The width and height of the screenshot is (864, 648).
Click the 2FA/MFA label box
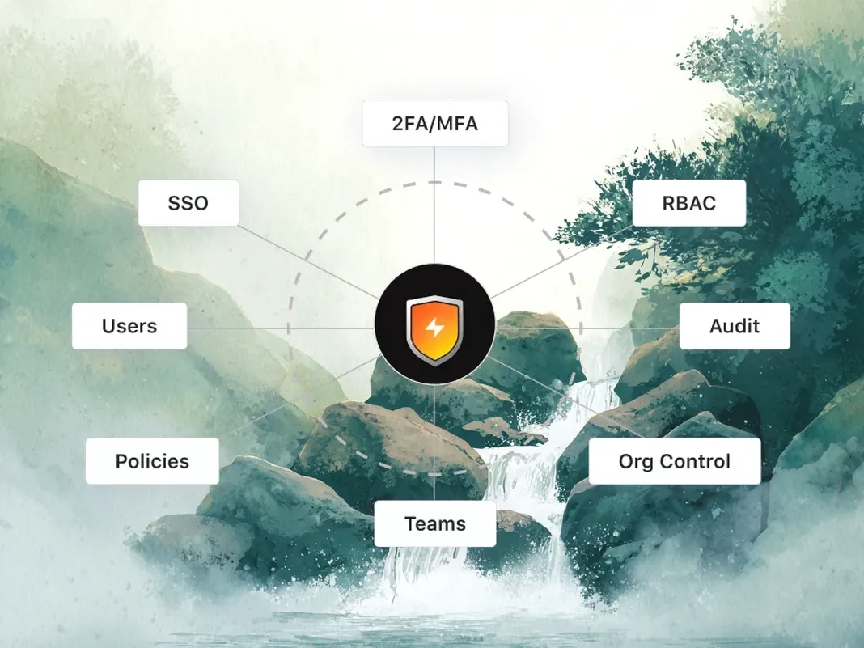(434, 124)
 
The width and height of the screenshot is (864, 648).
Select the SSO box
(188, 203)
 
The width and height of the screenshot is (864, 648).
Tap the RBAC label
(688, 203)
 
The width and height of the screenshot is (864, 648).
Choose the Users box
(129, 326)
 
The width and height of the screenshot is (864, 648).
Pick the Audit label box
(735, 326)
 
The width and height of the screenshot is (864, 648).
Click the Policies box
(152, 461)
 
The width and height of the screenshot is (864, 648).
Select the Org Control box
(675, 461)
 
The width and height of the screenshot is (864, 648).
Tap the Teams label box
(434, 523)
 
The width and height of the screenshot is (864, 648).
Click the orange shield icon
(434, 330)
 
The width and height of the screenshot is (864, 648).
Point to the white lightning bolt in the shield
(434, 328)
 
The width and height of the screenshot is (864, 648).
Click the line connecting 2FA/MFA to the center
(434, 205)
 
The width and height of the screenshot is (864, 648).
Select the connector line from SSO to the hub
(309, 262)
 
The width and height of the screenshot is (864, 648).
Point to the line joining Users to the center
(281, 328)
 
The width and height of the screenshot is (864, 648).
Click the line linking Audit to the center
(587, 328)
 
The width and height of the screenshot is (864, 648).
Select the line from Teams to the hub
(434, 442)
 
